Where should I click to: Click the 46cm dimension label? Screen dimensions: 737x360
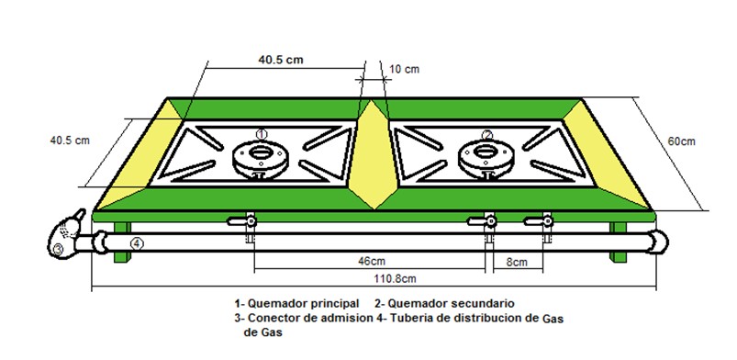point(369,261)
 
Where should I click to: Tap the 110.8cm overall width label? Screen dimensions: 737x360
point(395,278)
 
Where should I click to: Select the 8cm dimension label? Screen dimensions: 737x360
point(517,262)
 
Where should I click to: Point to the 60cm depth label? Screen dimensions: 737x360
point(682,141)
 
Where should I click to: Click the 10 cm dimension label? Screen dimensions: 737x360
point(404,70)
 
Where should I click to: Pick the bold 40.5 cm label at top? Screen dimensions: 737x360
point(281,60)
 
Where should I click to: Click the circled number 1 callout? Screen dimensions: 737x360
point(262,134)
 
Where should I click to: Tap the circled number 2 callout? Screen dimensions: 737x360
point(487,135)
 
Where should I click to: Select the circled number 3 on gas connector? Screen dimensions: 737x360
point(57,250)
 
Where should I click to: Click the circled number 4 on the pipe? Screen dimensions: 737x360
point(137,243)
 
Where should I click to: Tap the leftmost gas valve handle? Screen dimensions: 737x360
point(241,220)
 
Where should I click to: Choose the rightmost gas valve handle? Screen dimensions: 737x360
point(539,220)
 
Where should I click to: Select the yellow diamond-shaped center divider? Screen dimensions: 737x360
point(373,154)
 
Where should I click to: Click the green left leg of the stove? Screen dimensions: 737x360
point(122,242)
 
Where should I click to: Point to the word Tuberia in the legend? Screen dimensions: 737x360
point(408,318)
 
